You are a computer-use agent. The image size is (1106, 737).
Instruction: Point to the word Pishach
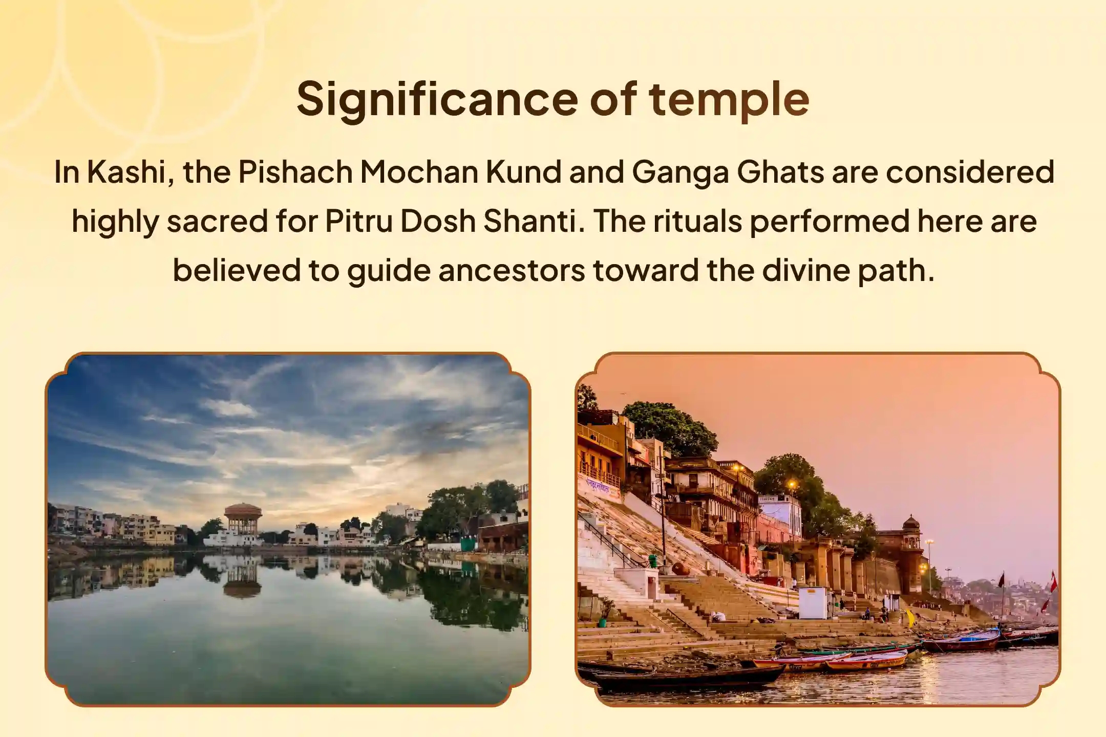point(295,172)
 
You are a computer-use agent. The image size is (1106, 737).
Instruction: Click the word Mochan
point(418,172)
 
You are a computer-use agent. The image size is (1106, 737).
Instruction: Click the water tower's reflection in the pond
point(242,578)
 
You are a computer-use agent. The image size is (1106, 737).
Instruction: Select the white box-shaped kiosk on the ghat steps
point(813,602)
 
